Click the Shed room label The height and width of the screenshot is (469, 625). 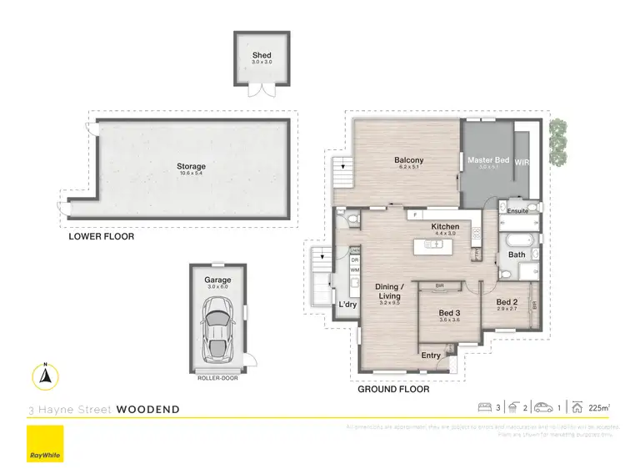pyautogui.click(x=262, y=56)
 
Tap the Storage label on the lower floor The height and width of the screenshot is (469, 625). pyautogui.click(x=191, y=167)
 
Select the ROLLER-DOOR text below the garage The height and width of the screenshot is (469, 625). pyautogui.click(x=217, y=378)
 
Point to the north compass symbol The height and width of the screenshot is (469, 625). pyautogui.click(x=46, y=378)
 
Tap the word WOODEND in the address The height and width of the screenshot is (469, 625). pyautogui.click(x=147, y=410)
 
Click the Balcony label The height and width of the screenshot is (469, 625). pyautogui.click(x=409, y=160)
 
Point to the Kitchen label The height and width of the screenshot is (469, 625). pyautogui.click(x=445, y=227)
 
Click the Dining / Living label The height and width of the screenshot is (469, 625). pyautogui.click(x=390, y=291)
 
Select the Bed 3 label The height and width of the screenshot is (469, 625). pyautogui.click(x=450, y=314)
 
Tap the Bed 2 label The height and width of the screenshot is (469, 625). pyautogui.click(x=507, y=302)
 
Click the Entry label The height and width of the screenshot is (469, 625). pyautogui.click(x=431, y=356)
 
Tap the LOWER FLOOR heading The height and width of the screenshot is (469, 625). pyautogui.click(x=101, y=237)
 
